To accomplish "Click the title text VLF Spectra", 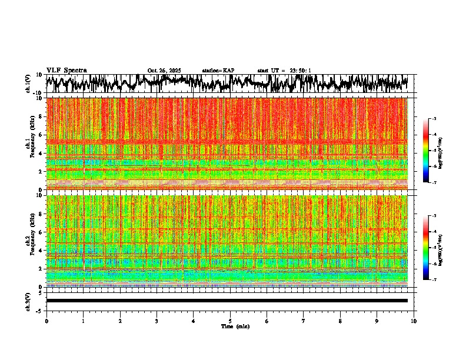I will (66, 71).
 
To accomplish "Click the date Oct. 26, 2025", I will (164, 71).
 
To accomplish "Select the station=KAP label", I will (218, 71).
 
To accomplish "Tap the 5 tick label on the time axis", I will (230, 321).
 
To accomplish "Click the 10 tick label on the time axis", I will (414, 321).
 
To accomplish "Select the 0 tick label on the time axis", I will (46, 321).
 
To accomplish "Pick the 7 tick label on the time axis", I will (304, 321).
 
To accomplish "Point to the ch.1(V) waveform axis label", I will (28, 84).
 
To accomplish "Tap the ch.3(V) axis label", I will (28, 301).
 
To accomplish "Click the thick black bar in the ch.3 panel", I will (227, 301).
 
